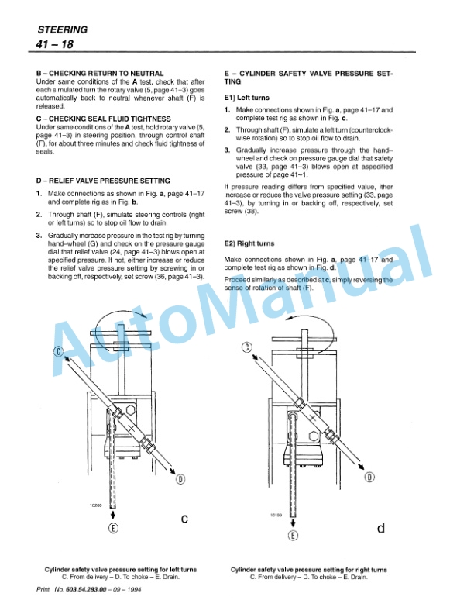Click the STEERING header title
click(62, 30)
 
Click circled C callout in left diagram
click(58, 352)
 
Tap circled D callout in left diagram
click(180, 478)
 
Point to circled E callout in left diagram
click(115, 529)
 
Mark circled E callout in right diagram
click(293, 534)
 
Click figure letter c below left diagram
click(185, 518)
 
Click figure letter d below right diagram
click(380, 528)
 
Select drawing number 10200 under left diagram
click(97, 505)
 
